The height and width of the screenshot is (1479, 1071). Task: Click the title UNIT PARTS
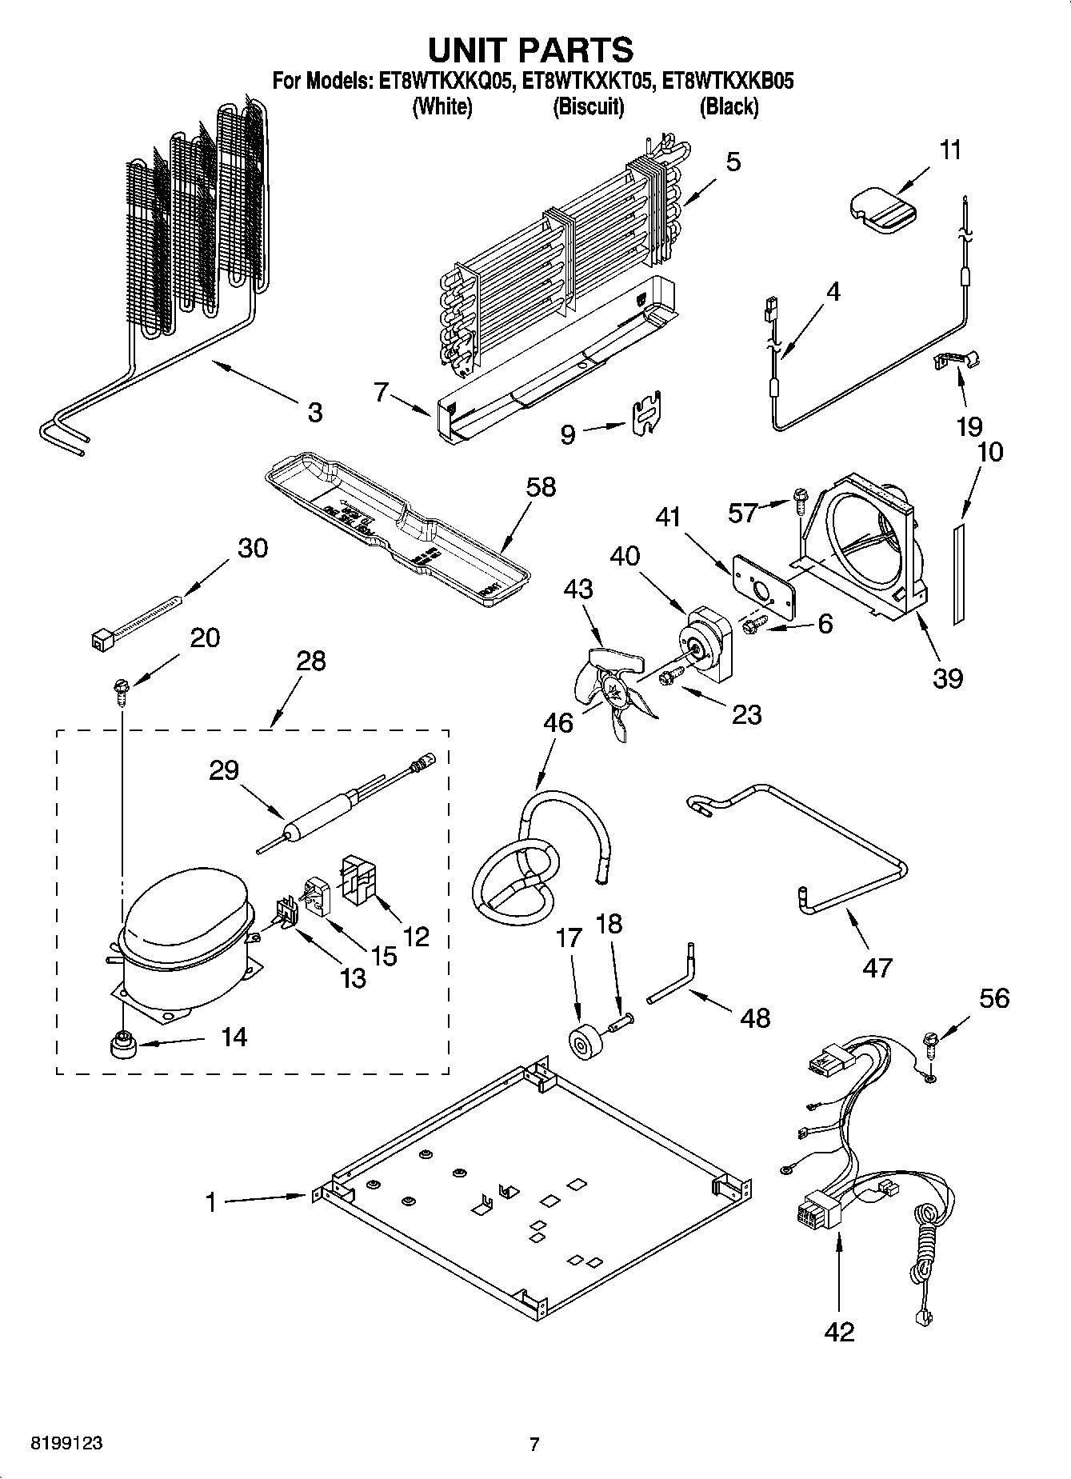[530, 50]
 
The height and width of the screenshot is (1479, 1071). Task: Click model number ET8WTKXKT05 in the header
[590, 81]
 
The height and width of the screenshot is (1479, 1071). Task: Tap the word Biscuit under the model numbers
[589, 106]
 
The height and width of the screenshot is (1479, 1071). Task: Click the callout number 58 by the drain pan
[540, 486]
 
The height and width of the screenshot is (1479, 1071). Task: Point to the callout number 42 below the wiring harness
[838, 1332]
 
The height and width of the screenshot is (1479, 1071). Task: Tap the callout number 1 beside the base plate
[210, 1201]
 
